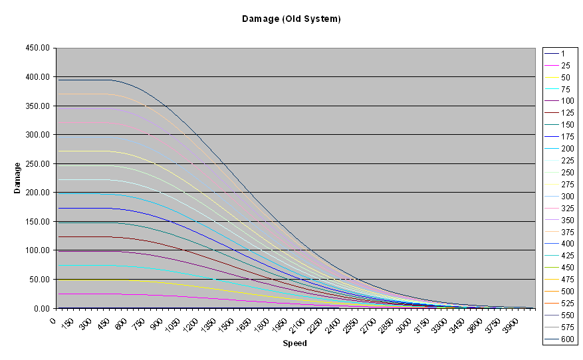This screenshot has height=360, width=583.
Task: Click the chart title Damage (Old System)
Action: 291,19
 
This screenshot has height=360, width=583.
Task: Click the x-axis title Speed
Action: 294,343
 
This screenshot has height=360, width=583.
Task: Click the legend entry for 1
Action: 563,54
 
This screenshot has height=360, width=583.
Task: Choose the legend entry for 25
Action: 565,66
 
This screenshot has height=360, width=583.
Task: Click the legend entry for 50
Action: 565,78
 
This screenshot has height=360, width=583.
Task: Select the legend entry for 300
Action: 567,197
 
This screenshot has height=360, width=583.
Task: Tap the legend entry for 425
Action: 567,256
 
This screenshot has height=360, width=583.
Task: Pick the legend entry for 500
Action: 567,292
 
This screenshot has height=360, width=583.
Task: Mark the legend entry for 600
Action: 567,339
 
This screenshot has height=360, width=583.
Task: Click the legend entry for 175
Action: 567,137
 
